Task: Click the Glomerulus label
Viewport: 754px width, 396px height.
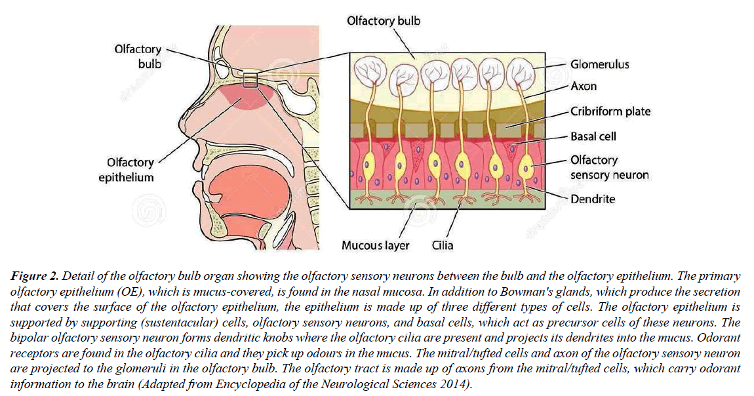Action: click(x=599, y=64)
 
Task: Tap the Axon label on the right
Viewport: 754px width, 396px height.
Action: click(x=584, y=86)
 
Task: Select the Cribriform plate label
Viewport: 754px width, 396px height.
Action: click(x=610, y=111)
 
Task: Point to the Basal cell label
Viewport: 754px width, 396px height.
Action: click(x=593, y=137)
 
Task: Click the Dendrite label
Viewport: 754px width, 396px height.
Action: click(x=593, y=198)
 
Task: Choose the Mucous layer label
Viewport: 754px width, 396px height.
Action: click(x=375, y=245)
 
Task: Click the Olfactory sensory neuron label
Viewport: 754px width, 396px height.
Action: click(x=609, y=167)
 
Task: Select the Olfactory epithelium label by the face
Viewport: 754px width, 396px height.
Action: click(x=130, y=169)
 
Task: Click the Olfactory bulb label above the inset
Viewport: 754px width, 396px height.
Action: click(x=384, y=21)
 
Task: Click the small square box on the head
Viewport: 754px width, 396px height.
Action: click(x=249, y=80)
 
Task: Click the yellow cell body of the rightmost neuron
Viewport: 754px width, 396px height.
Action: click(x=525, y=167)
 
